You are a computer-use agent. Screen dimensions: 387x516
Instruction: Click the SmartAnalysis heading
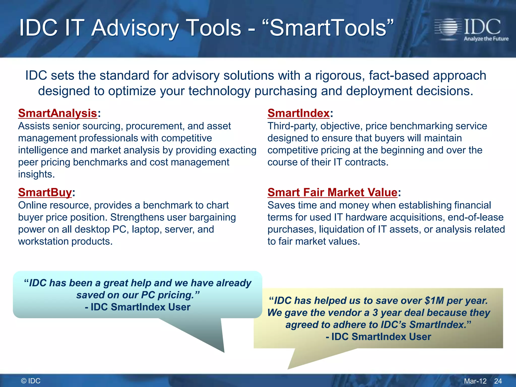click(57, 113)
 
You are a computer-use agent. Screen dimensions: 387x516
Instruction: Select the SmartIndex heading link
click(299, 113)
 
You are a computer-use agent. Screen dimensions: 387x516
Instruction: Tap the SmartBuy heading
click(45, 192)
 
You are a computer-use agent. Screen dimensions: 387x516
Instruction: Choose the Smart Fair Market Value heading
click(332, 192)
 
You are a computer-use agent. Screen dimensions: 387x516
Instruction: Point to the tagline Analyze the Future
click(486, 39)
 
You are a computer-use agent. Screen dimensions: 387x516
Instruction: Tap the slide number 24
click(498, 381)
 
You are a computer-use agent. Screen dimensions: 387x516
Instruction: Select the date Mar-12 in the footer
click(475, 381)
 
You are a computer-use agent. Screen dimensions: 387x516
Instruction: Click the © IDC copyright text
click(31, 381)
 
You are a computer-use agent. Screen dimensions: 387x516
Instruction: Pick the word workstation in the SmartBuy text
click(43, 241)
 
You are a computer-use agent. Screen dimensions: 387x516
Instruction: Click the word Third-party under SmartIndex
click(292, 126)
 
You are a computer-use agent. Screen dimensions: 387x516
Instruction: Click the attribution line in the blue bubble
click(138, 307)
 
